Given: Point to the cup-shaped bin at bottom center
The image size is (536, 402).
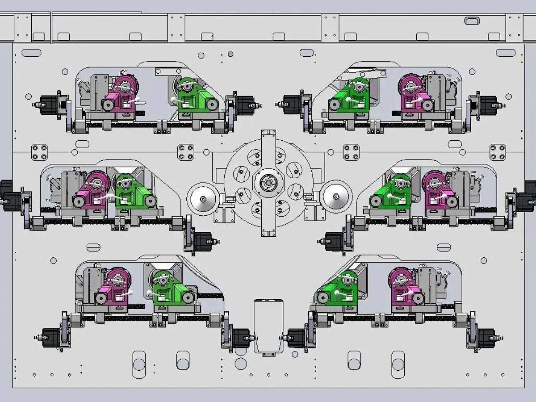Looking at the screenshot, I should point(268,326).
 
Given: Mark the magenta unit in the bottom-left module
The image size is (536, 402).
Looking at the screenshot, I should point(114,288).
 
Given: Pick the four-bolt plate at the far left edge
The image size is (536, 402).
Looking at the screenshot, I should point(39,152).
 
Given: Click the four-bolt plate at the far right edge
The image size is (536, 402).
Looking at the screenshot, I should point(498,152).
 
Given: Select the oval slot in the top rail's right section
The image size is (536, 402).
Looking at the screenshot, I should point(472,21).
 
